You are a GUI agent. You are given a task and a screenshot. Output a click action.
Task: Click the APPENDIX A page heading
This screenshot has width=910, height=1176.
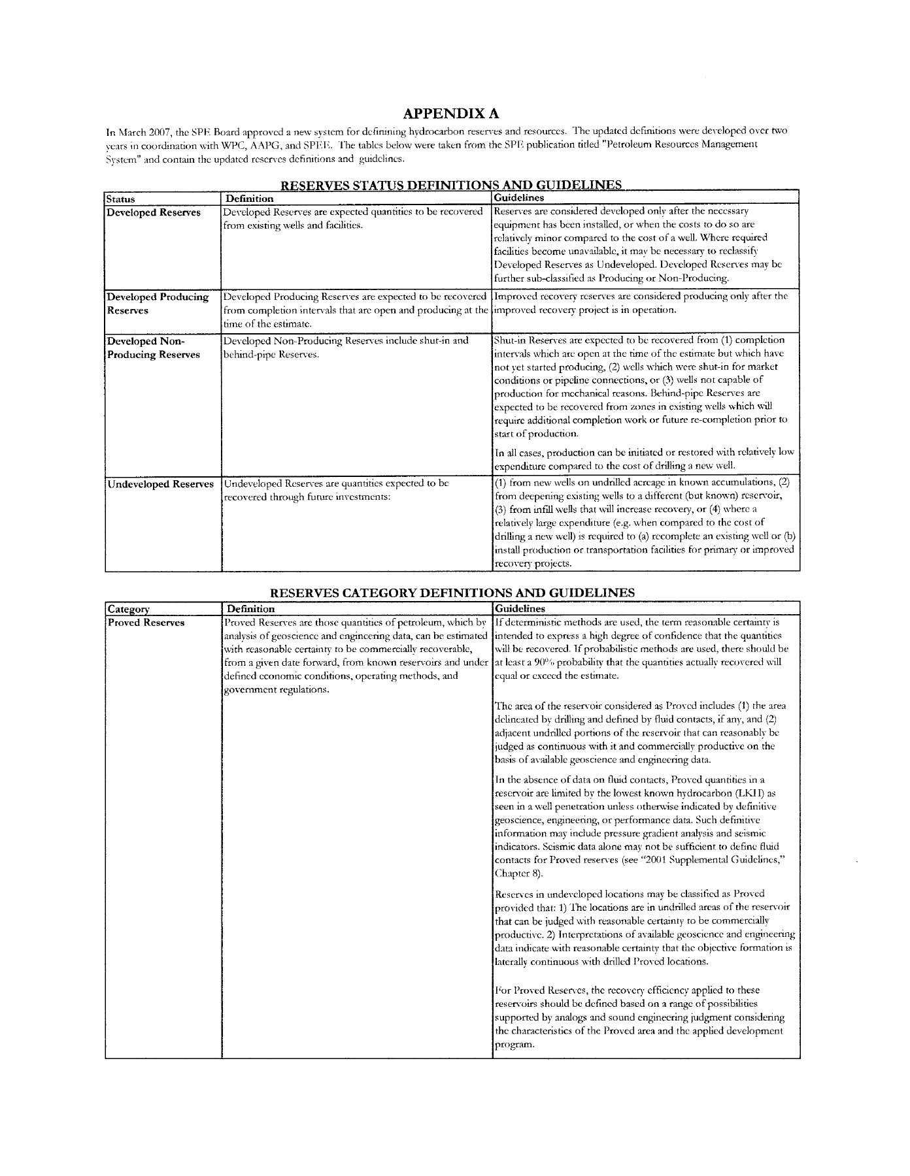(452, 114)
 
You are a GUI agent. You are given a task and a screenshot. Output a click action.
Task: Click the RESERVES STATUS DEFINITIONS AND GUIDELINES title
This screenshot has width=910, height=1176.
(451, 186)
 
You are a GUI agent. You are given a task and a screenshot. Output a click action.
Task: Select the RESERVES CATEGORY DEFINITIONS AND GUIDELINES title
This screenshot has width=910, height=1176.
(452, 593)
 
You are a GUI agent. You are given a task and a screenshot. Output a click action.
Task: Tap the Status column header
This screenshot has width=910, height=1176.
(121, 199)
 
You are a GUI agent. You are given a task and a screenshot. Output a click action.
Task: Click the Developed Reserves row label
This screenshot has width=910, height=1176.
(154, 213)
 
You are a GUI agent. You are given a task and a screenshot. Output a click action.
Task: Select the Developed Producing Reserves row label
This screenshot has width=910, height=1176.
(158, 304)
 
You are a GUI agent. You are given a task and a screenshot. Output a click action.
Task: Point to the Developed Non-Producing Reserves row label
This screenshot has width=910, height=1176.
(154, 348)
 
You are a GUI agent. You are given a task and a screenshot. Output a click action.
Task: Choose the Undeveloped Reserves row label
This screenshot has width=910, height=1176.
(160, 484)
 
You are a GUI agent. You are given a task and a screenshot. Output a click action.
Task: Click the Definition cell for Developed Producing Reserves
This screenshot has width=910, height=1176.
(356, 310)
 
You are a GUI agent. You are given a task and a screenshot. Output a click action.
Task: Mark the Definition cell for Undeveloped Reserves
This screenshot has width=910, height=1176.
(337, 491)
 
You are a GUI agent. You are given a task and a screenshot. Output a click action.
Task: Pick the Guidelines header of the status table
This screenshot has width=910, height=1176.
(519, 197)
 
